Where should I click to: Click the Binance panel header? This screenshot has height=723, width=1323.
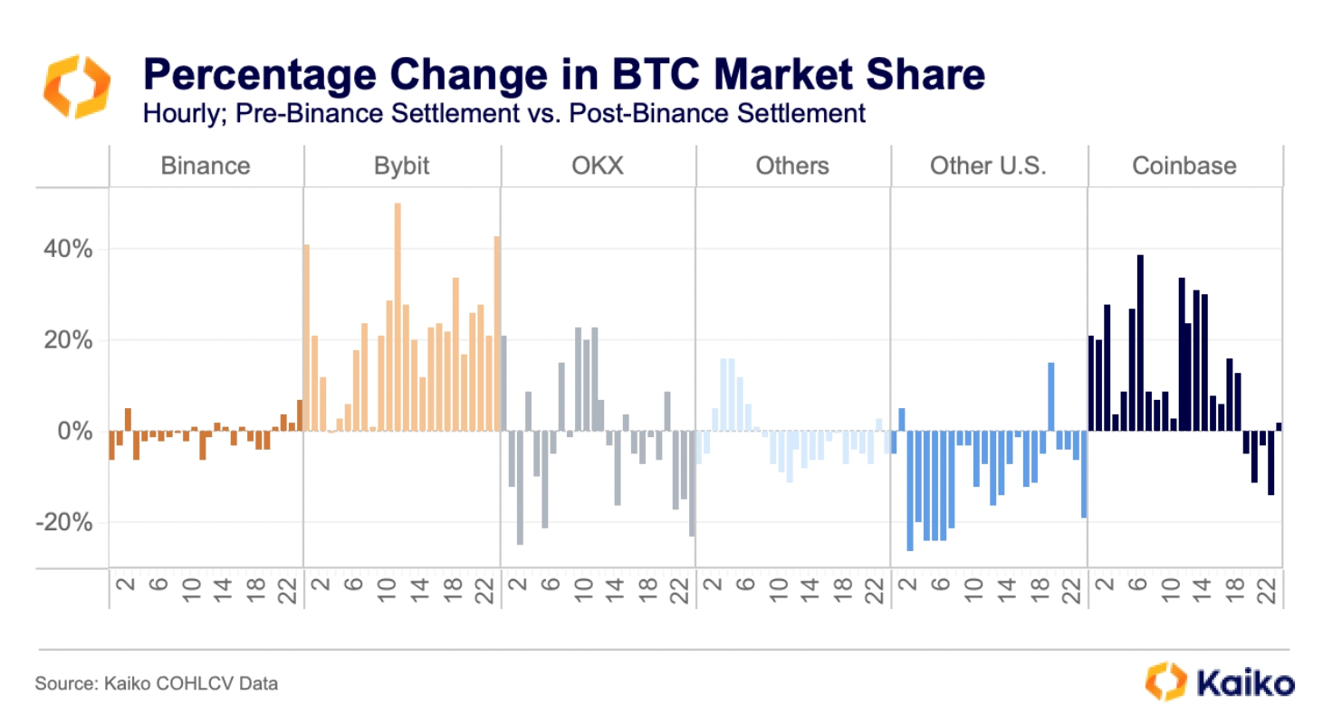[205, 166]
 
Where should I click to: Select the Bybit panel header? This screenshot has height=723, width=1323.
[400, 166]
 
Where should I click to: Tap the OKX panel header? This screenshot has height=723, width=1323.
[599, 166]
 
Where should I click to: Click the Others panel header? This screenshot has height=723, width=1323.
[793, 166]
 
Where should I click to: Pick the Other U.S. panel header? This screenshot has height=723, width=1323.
[989, 166]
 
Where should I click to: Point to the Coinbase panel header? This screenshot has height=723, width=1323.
[1184, 166]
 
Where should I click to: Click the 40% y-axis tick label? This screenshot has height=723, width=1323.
[69, 249]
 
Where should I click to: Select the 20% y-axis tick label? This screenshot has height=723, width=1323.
[69, 340]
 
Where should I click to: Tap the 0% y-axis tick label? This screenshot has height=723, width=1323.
[74, 431]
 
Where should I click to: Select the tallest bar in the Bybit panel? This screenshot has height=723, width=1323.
[398, 317]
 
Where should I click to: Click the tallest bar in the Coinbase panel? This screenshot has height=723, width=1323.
[1140, 344]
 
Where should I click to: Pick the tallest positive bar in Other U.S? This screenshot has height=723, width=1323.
[1051, 396]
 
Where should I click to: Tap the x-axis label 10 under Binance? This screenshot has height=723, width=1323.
[190, 586]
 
